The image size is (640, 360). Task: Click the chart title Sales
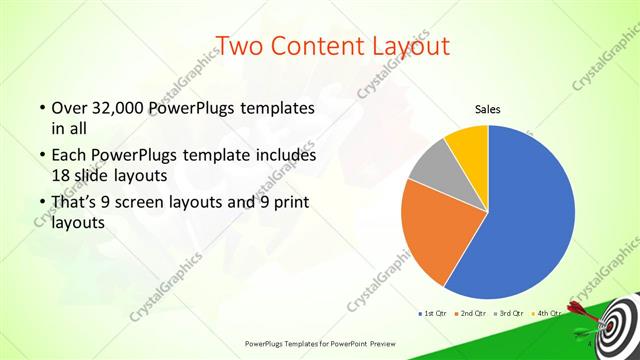point(487,109)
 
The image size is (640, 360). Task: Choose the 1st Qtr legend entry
point(433,313)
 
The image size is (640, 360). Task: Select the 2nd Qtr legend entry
point(473,313)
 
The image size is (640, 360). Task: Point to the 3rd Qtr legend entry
point(511,313)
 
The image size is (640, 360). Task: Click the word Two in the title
point(240,45)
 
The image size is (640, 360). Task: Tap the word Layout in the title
point(406,45)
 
